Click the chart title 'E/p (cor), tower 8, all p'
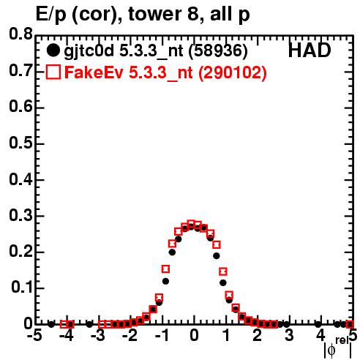coord(143,14)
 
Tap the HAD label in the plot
coord(310,50)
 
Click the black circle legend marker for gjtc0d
coord(53,50)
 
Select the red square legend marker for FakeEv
coord(53,72)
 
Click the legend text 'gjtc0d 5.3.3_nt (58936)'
coord(156,51)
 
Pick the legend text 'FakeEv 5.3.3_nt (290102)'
coord(166,72)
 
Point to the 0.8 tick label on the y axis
coord(20,34)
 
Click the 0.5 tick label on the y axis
coord(20,143)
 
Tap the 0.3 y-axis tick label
coord(20,215)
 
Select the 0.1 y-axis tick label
coord(22,287)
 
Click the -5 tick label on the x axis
coord(35,335)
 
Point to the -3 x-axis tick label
coord(98,335)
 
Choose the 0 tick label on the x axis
coord(194,335)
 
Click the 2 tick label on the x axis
coord(257,335)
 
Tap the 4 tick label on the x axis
coord(320,335)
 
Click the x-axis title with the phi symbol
coord(338,348)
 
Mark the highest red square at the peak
coord(191,223)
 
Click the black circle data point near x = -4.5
coord(51,324)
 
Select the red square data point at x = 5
coord(350,324)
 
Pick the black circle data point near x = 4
coord(318,324)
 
